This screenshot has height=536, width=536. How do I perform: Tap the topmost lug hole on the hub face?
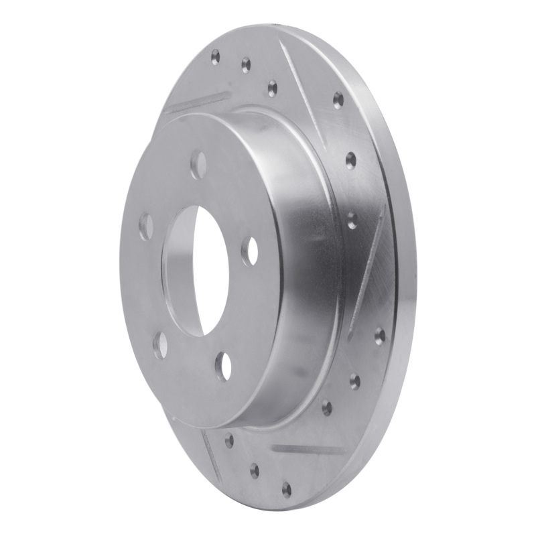(199, 165)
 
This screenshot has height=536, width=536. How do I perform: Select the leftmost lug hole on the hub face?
(145, 228)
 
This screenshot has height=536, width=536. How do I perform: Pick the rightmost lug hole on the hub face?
(250, 251)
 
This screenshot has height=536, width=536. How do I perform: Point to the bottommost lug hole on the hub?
(222, 366)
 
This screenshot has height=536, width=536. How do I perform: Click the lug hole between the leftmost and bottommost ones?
(160, 344)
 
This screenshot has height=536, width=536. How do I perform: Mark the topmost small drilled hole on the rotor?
(215, 56)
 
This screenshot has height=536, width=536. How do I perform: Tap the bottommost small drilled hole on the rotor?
(286, 489)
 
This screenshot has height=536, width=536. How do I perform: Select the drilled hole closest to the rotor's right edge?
(380, 335)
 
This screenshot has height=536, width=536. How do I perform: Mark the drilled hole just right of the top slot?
(338, 100)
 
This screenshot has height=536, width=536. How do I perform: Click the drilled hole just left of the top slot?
(272, 88)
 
